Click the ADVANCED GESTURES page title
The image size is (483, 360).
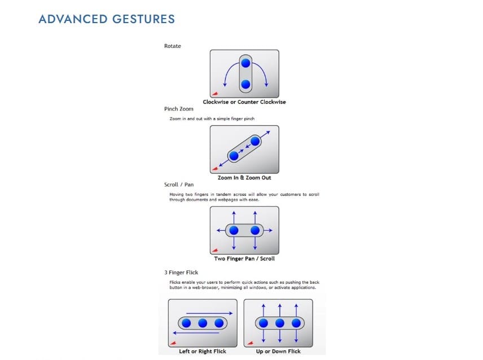107,19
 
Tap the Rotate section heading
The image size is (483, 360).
173,46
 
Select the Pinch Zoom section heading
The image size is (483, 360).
179,109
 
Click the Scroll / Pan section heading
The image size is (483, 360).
179,185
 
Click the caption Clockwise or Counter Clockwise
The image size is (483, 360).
244,102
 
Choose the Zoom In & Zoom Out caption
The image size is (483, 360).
244,178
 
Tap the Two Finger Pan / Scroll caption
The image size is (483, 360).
244,259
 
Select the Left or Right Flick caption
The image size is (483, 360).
203,351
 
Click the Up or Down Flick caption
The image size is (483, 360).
278,351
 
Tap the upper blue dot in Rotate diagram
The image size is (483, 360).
245,64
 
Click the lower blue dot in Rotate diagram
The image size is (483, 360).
245,85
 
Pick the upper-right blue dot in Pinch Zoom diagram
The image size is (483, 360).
255,141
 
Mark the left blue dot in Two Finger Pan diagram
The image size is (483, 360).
234,230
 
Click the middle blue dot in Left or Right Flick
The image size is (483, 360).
203,323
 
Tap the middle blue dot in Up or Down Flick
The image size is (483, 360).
279,323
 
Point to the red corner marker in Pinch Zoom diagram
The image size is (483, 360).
215,168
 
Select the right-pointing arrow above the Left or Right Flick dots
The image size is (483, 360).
209,313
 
